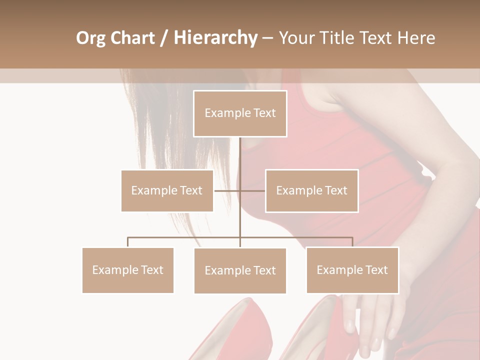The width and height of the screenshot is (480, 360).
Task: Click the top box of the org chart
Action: point(240,113)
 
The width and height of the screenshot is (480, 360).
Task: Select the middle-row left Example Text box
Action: point(167,190)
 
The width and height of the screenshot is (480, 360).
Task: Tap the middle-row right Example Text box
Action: point(311,190)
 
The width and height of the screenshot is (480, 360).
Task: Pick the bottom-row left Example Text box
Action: point(128,270)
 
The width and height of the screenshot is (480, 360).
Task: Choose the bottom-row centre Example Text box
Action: point(240,270)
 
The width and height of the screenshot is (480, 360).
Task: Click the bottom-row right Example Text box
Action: point(352,270)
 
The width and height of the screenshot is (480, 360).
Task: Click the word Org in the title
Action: point(90,38)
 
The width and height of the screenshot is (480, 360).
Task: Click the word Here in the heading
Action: point(416,38)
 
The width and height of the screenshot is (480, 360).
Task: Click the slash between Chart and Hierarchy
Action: point(164,38)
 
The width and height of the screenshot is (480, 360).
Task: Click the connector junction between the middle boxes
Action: point(240,190)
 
